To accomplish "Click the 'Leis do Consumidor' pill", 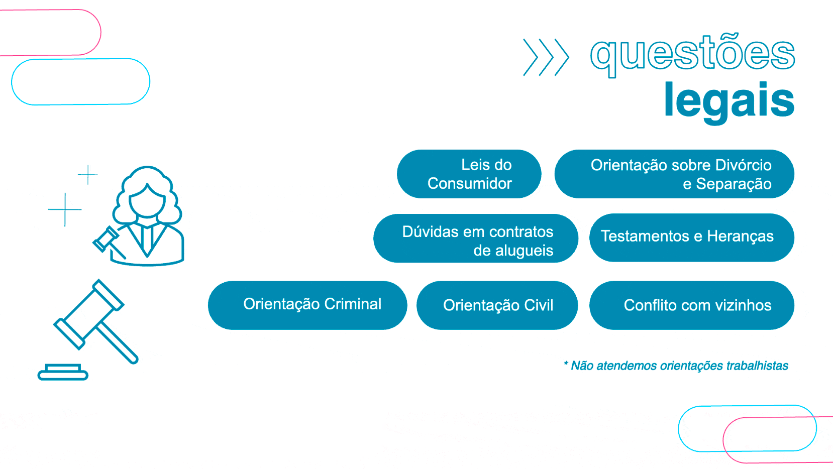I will tap(469, 174).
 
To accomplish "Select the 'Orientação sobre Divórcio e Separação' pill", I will tap(674, 174).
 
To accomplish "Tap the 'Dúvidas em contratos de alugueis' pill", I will tap(475, 239).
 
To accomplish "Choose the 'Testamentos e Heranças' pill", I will tap(691, 237).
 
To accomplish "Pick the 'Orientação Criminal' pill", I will tap(307, 305).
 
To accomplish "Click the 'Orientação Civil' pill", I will tap(497, 305).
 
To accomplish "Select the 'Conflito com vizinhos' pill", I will tap(691, 305).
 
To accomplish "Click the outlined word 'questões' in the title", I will tap(692, 54).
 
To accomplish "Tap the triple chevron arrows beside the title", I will tap(546, 57).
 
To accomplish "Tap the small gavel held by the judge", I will tap(106, 240).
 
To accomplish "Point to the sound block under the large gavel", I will tap(63, 372).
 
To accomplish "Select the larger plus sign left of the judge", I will tap(65, 209).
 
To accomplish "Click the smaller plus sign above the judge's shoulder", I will tap(88, 174).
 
